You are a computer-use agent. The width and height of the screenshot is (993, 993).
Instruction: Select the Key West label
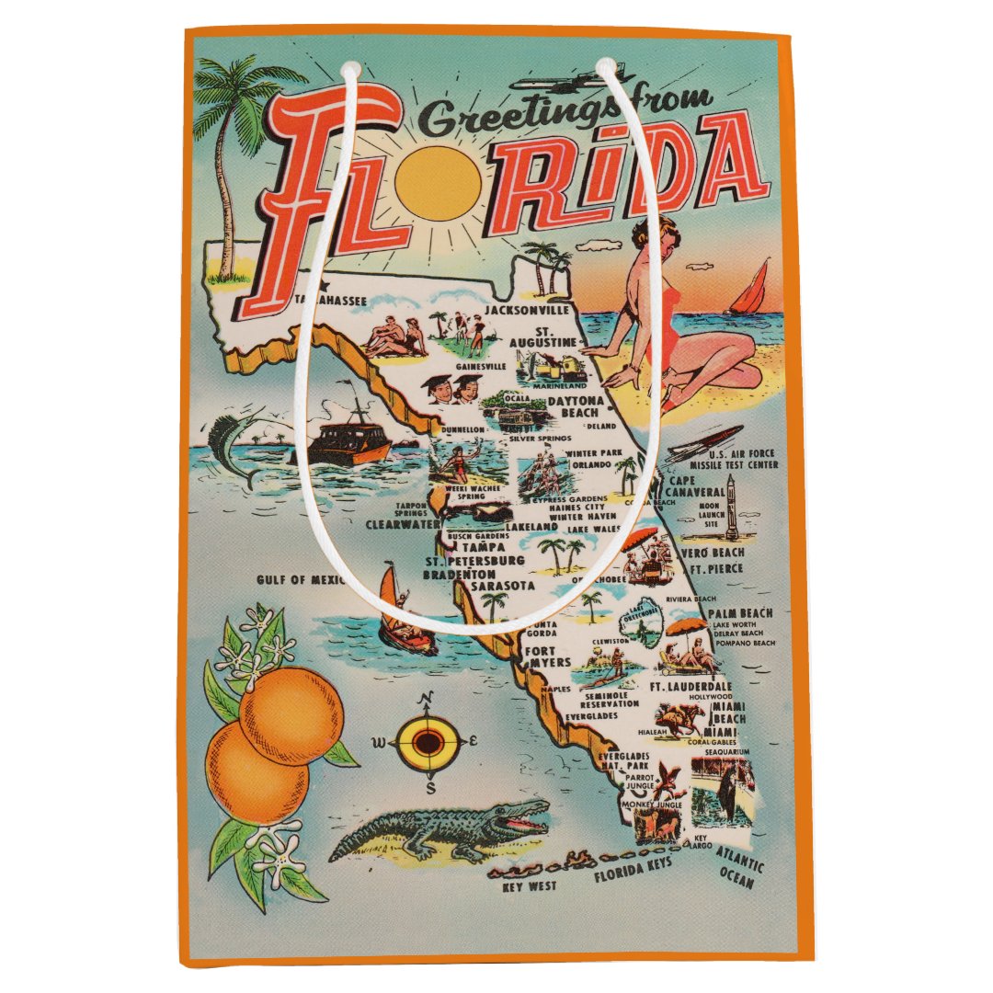click(532, 888)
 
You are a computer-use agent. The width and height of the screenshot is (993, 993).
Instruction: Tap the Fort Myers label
click(549, 655)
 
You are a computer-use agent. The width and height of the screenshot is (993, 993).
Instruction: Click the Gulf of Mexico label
click(300, 579)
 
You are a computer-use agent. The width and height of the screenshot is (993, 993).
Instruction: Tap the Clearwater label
click(403, 525)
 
